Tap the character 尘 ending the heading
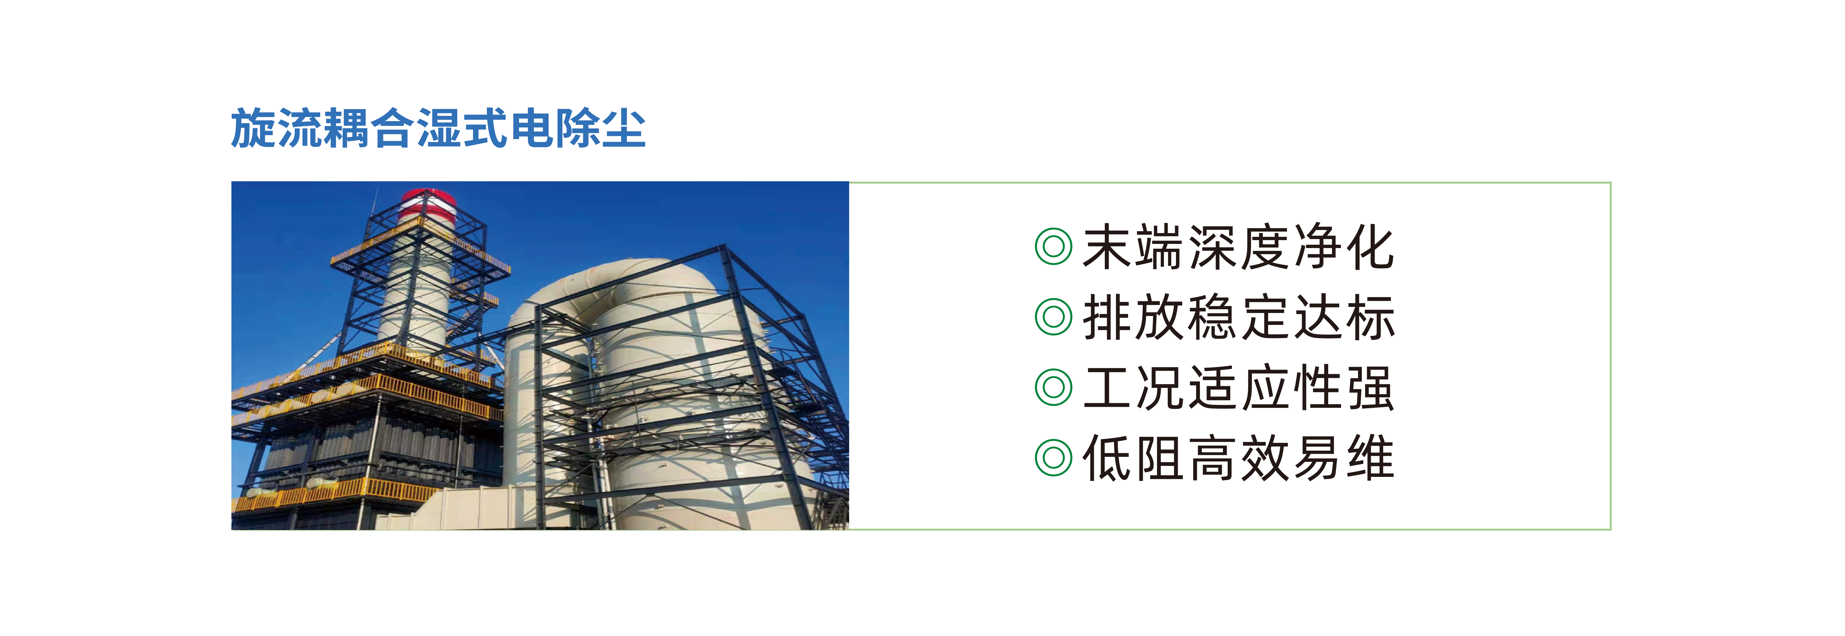624,129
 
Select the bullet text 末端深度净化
1238,247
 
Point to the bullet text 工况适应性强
1238,388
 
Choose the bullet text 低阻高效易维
1238,458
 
